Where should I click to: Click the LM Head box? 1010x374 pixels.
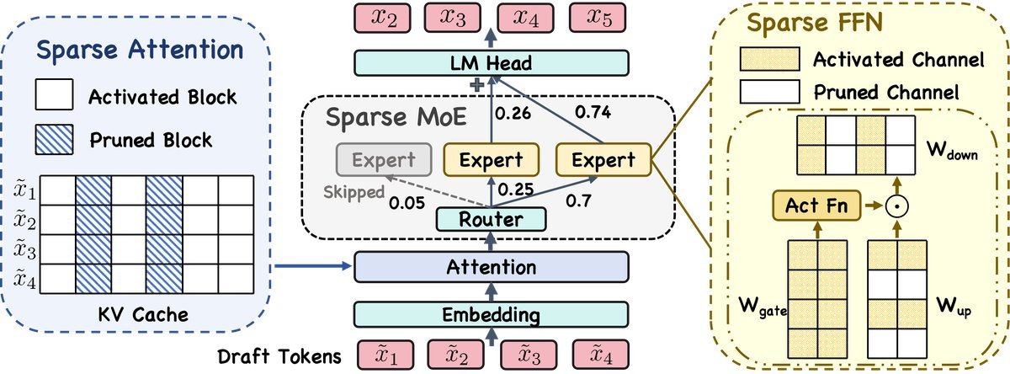click(x=492, y=62)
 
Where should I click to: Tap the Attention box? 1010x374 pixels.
click(x=492, y=268)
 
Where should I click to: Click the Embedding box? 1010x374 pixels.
click(x=492, y=315)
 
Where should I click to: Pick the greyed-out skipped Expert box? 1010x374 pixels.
click(x=384, y=158)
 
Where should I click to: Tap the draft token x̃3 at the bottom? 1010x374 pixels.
click(x=527, y=355)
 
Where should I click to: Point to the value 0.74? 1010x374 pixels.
click(x=593, y=110)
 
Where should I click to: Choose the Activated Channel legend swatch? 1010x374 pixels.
click(x=767, y=60)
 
